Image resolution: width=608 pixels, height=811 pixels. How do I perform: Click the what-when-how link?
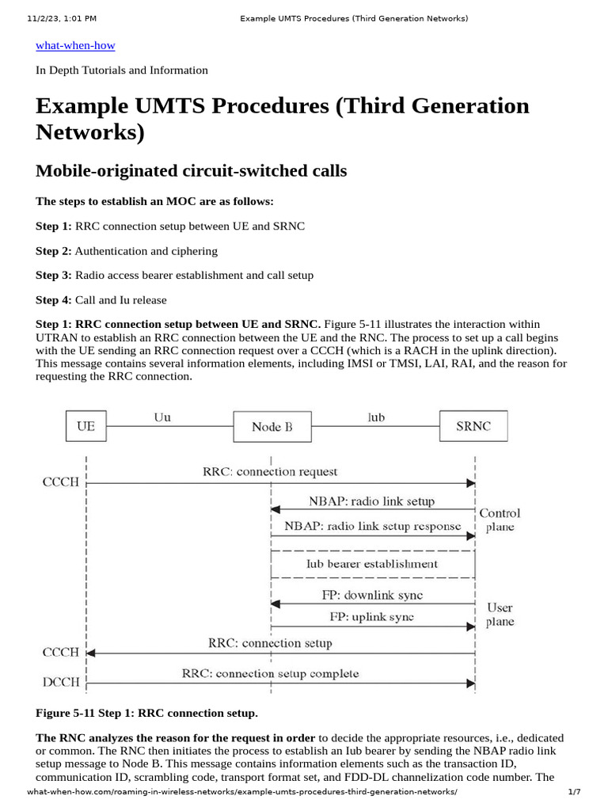[75, 46]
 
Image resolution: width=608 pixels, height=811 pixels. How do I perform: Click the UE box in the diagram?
[85, 426]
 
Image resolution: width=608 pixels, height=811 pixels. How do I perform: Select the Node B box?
[272, 427]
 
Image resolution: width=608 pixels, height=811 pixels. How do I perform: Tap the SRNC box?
[473, 426]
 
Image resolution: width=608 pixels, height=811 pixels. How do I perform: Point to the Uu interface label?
[162, 417]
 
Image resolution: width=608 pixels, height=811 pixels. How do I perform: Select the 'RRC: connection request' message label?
[269, 472]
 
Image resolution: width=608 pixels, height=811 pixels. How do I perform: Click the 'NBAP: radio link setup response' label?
[372, 526]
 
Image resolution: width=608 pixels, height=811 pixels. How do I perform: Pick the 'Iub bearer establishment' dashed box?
[372, 564]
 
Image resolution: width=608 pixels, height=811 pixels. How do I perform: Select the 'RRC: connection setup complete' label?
[270, 674]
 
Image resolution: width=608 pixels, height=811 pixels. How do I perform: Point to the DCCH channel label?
[60, 681]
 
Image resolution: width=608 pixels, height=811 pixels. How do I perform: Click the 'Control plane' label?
[500, 520]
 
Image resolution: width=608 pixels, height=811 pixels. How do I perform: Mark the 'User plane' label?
[500, 615]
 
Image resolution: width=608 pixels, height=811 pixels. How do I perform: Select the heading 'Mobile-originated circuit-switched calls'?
[191, 171]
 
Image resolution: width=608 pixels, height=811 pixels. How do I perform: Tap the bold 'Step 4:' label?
[54, 300]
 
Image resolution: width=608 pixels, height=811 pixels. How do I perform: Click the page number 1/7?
[574, 792]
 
